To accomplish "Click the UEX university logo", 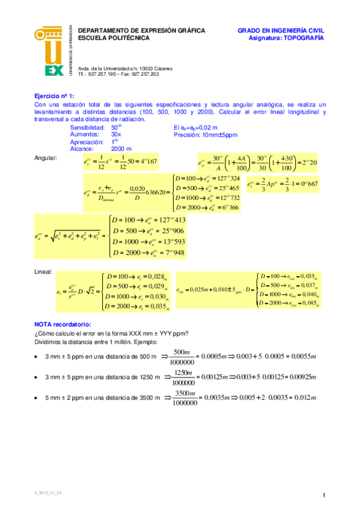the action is (54, 52).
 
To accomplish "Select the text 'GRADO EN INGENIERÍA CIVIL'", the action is (281, 29).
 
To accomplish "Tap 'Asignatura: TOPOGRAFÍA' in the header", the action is (286, 37).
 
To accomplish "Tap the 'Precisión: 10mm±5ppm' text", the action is (206, 135).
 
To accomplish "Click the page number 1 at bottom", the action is (323, 495).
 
